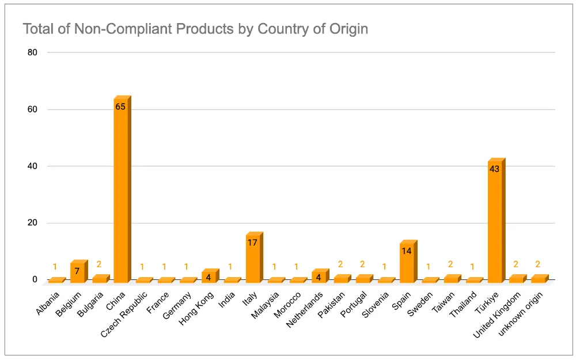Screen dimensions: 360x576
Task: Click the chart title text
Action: click(x=195, y=29)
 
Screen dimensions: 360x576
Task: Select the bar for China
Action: click(x=121, y=190)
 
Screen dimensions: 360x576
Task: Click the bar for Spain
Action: click(x=407, y=262)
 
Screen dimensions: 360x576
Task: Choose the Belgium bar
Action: click(x=77, y=272)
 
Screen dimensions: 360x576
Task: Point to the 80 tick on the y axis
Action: click(x=32, y=52)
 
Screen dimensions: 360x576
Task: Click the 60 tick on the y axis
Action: click(x=32, y=109)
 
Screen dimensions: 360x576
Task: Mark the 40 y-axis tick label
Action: click(x=32, y=166)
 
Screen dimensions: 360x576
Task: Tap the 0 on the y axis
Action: click(x=35, y=280)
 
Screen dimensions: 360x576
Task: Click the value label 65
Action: click(x=120, y=107)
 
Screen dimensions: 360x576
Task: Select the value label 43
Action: click(x=494, y=169)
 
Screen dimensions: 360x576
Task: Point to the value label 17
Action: click(x=252, y=242)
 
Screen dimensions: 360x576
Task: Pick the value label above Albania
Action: click(x=55, y=267)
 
